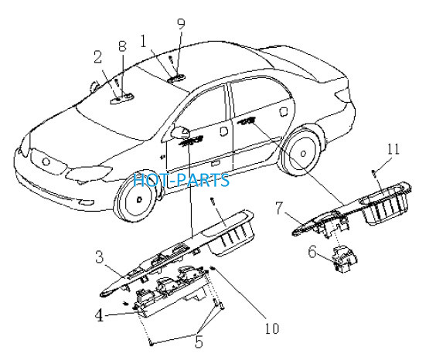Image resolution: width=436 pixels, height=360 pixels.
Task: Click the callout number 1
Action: [x=144, y=41]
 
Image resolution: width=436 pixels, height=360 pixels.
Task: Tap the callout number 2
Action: [x=97, y=57]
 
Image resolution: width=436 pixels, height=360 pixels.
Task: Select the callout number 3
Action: [x=99, y=257]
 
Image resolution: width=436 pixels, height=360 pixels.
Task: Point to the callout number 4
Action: [x=100, y=315]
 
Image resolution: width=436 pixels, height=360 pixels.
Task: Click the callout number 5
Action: [x=199, y=341]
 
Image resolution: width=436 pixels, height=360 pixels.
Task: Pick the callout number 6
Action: [x=312, y=252]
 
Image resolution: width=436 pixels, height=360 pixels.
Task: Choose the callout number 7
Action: [x=279, y=208]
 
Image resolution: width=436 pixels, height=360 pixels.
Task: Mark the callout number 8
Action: [x=123, y=46]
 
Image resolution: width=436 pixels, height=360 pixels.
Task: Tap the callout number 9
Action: [x=181, y=24]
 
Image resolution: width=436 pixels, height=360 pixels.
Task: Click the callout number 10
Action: [x=272, y=328]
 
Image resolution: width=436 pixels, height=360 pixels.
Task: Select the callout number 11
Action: [x=393, y=149]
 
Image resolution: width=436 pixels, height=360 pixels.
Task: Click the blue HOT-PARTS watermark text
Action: [x=182, y=180]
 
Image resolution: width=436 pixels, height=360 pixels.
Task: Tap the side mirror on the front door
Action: [x=180, y=131]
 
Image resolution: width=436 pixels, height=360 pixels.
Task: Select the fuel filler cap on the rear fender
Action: [x=284, y=111]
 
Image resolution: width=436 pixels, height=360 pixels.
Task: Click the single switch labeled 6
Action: [x=344, y=258]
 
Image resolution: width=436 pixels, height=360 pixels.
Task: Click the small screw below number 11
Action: [x=374, y=172]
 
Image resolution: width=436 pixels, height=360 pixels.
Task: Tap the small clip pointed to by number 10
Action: [x=213, y=268]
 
